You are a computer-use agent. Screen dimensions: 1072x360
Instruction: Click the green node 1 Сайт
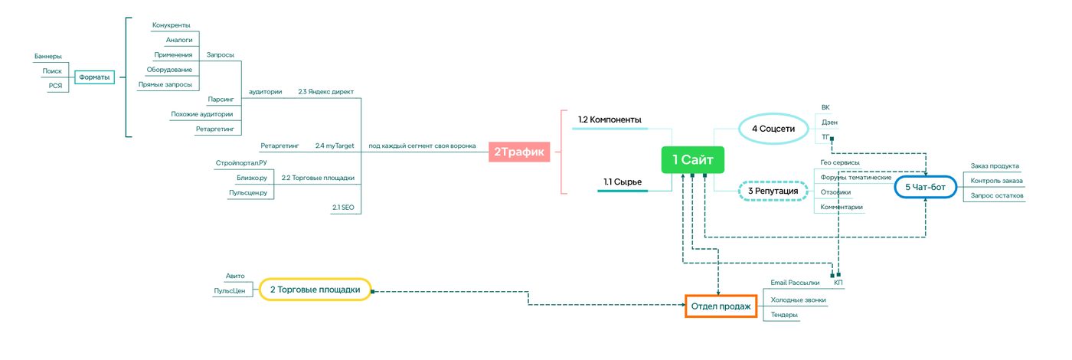tap(692, 159)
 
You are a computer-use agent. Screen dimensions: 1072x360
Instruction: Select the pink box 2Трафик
tap(519, 152)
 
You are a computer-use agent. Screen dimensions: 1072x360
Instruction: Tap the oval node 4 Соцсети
tap(773, 129)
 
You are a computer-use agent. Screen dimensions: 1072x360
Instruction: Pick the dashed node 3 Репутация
tap(773, 191)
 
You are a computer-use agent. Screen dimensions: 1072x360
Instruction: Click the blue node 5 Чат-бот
tap(925, 187)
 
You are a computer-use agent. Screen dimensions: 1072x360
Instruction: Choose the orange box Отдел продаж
tap(721, 306)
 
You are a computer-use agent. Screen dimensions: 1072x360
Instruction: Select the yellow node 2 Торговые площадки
tap(315, 290)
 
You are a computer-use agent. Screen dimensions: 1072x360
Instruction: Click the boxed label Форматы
tap(94, 77)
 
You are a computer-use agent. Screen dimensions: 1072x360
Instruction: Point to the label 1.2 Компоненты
tap(610, 119)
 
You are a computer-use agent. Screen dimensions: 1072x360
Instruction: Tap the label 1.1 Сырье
tap(622, 182)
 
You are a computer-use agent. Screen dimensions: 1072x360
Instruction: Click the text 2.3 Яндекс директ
tap(326, 91)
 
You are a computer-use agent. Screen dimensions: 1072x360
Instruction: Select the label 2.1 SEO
tap(343, 208)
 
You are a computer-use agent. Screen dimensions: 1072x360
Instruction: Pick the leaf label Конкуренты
tap(172, 25)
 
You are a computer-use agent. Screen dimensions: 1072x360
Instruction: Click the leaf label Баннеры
tap(47, 56)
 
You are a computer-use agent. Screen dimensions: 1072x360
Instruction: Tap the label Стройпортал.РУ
tap(241, 162)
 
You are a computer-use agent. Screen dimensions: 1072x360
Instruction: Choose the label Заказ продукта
tap(995, 165)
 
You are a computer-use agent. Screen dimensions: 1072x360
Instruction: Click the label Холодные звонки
tap(798, 299)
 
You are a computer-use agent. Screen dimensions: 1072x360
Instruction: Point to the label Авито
tap(235, 276)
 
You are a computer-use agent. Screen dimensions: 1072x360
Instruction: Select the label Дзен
tap(829, 122)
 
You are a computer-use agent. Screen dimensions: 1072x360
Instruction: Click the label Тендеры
tap(784, 315)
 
